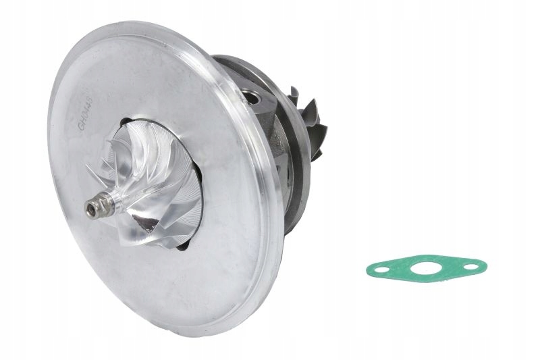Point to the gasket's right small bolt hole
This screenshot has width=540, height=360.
(x=470, y=267)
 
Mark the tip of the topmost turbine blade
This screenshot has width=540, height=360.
(x=294, y=88)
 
